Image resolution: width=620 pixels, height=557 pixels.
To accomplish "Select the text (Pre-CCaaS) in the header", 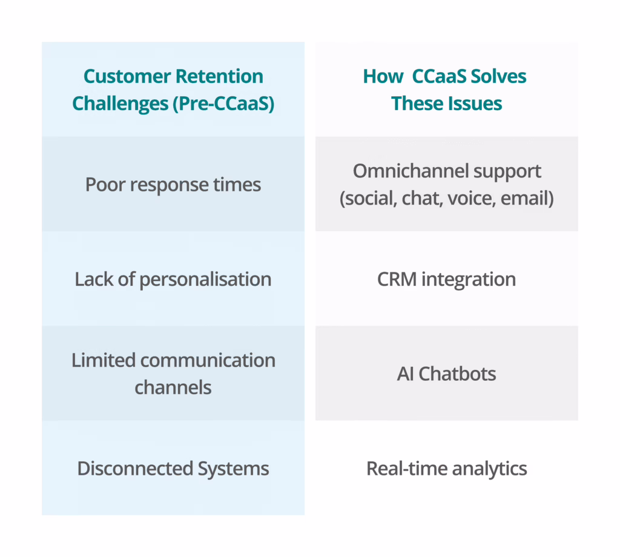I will (224, 104).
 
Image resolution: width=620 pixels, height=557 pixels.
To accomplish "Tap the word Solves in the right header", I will (500, 77).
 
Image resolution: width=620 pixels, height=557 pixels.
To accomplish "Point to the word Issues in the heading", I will (475, 104).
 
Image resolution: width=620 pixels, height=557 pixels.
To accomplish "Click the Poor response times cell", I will (173, 184).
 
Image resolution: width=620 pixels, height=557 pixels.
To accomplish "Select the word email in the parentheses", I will (529, 198).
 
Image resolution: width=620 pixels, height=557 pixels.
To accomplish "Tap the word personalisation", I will (205, 279).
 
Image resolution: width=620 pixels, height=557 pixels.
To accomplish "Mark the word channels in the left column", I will (173, 387).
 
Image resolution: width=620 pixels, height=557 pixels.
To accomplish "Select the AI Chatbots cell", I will (446, 374).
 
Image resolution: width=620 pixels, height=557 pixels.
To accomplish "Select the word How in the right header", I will (383, 77).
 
